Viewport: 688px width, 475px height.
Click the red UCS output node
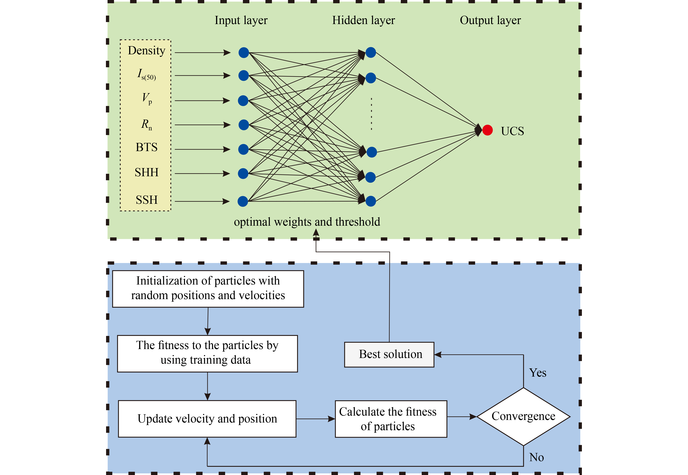[x=487, y=130]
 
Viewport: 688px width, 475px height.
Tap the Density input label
[x=147, y=51]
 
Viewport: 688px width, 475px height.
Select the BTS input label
[x=147, y=147]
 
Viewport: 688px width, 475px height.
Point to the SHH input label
[x=147, y=172]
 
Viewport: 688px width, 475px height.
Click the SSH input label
[x=147, y=200]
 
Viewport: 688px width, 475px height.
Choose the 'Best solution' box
[x=389, y=355]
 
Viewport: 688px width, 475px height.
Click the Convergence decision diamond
[x=523, y=416]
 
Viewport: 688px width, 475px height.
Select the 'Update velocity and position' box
[x=207, y=419]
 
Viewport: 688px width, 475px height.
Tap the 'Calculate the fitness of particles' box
[x=391, y=419]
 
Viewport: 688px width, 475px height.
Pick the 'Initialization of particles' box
[x=208, y=288]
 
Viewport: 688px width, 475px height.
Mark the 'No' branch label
[x=536, y=457]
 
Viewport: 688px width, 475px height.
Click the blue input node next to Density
[x=244, y=53]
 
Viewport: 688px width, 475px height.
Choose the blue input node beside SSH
[x=243, y=201]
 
